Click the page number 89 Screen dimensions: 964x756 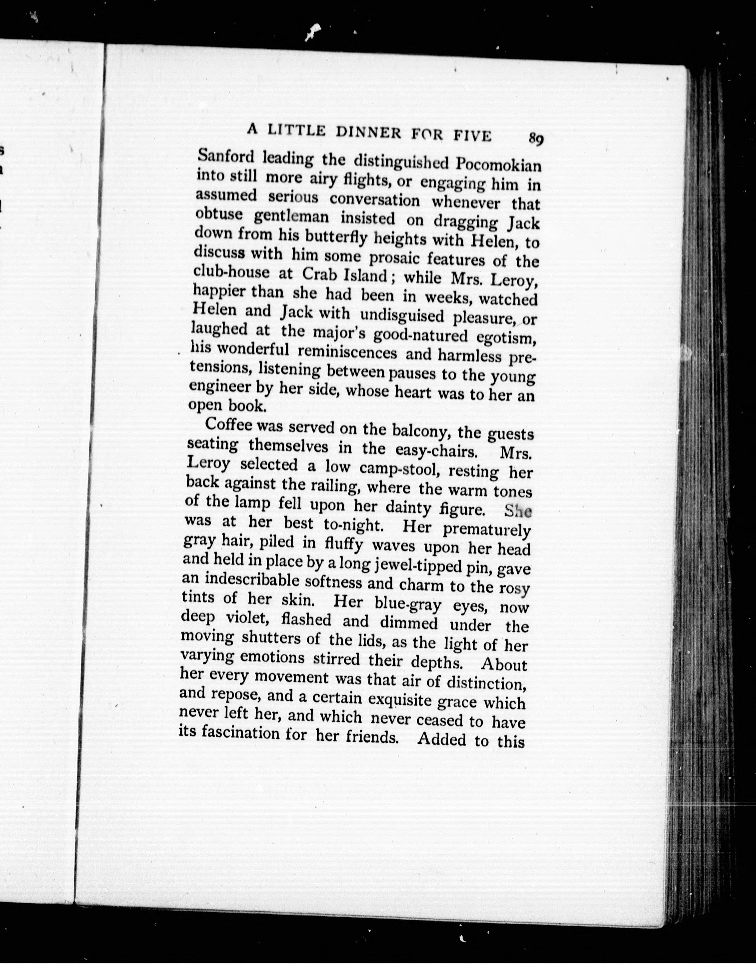click(536, 139)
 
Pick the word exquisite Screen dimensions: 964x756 click(400, 700)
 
